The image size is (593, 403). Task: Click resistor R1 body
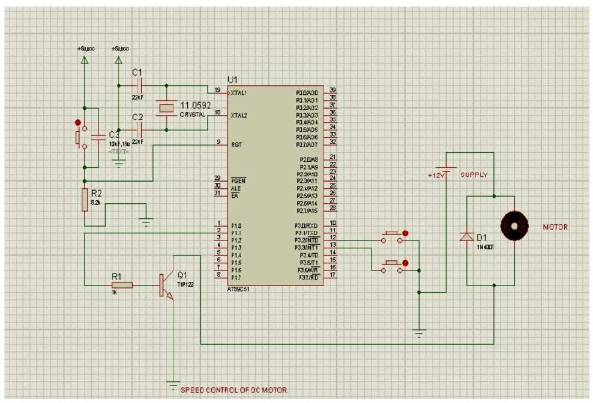coord(121,285)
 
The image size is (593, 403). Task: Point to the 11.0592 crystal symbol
coord(166,108)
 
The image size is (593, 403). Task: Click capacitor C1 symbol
coord(139,85)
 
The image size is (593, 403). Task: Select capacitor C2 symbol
coord(139,129)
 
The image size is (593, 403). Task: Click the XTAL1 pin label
coord(239,94)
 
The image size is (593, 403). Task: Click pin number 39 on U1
coord(332,90)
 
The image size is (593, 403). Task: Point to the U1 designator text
coord(232,80)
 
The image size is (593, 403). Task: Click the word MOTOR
coord(555,227)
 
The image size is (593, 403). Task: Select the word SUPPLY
coord(474,175)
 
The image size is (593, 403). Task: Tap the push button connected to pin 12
coord(393,236)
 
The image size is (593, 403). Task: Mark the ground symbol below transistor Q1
coord(173,384)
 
